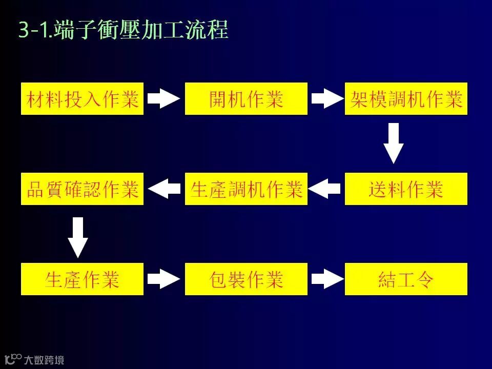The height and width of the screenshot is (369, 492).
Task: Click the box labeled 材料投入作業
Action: (83, 99)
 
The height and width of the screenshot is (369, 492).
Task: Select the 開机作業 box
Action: (246, 99)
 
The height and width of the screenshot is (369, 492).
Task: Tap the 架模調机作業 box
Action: (406, 99)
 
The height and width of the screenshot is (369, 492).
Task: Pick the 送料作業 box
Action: (406, 189)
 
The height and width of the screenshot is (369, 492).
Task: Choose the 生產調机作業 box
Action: (246, 189)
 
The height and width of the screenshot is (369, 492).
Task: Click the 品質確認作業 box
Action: (83, 189)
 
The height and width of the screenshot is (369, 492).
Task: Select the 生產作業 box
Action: (83, 279)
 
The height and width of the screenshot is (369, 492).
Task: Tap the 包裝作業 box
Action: (246, 279)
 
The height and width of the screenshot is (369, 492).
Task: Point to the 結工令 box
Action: (406, 279)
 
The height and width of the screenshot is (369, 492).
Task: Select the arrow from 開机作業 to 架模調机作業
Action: (326, 98)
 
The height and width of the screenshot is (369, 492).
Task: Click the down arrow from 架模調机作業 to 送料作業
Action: (394, 143)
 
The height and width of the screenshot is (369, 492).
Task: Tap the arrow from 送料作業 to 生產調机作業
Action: (325, 189)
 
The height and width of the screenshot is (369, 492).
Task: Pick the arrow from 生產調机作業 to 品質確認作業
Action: (165, 189)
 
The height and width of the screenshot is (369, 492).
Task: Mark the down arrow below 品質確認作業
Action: (78, 237)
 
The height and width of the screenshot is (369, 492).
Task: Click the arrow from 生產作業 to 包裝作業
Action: (164, 279)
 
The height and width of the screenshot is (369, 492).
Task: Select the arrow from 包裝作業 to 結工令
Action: (326, 279)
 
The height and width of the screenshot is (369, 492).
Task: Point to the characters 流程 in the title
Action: (209, 31)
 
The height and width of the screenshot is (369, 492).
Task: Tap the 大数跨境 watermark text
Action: (44, 360)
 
